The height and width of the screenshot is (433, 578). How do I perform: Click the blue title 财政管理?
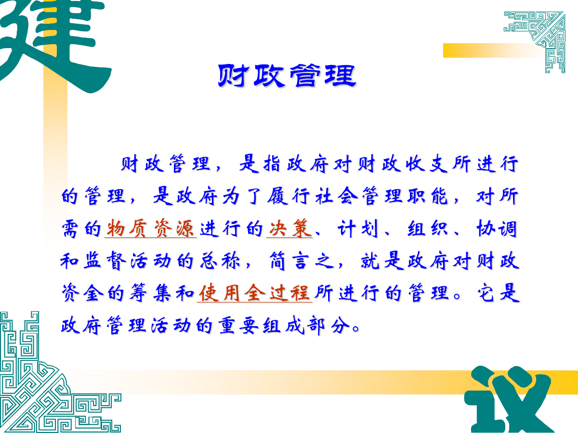pos(287,76)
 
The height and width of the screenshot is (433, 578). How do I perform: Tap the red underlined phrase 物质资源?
pos(151,229)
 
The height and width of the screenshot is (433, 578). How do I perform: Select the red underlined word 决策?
pos(289,229)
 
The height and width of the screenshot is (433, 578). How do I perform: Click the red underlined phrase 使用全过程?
pos(255,293)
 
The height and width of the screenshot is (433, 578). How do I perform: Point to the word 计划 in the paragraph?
pos(358,229)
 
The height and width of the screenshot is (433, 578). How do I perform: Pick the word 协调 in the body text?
pos(497,229)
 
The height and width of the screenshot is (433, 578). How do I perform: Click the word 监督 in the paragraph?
pos(104,261)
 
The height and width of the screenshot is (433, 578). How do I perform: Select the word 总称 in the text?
pos(220,261)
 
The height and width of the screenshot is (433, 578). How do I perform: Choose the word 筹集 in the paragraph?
pos(151,293)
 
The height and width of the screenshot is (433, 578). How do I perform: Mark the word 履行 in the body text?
pos(289,196)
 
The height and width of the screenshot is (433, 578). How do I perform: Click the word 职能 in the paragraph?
pos(427,196)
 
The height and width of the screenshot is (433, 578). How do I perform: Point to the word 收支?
pos(427,164)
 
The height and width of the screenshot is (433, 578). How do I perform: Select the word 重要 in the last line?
pos(239,326)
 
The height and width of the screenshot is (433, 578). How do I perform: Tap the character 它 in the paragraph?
pos(486,293)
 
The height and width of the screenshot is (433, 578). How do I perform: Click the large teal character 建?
pos(53,45)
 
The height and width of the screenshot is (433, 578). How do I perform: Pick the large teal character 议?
pos(508,400)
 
